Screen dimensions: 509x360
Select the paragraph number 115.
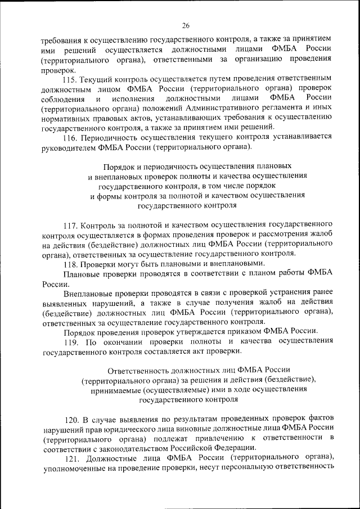click(x=70, y=79)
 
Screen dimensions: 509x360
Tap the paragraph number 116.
click(x=70, y=138)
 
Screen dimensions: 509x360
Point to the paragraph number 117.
click(x=70, y=225)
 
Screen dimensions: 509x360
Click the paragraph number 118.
click(x=70, y=264)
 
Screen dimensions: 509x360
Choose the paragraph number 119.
click(x=70, y=341)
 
